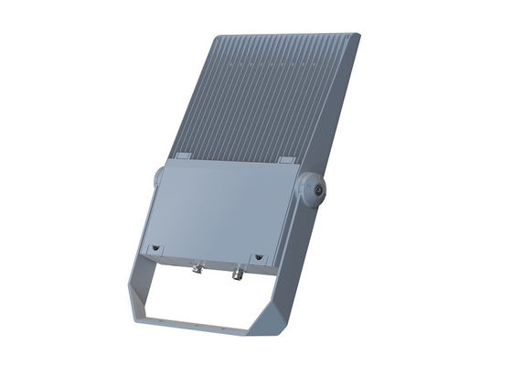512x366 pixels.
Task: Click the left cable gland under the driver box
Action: [x=196, y=269]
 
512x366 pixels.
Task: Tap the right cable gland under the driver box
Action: [x=237, y=273]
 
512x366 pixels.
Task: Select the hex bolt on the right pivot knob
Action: [x=318, y=188]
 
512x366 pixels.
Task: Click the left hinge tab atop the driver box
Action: [x=181, y=156]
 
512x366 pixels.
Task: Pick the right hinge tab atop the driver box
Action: [x=285, y=160]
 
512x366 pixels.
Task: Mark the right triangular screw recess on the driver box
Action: [x=258, y=258]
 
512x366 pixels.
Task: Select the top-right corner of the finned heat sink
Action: [x=357, y=36]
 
